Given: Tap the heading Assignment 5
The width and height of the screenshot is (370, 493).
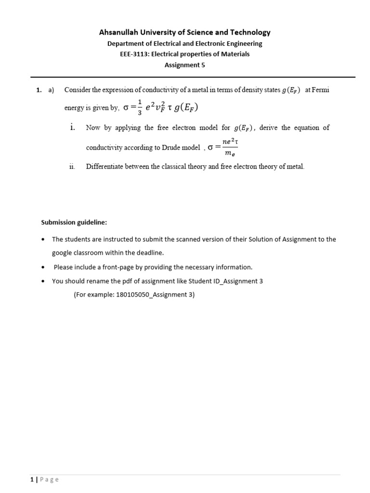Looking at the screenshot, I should (185, 65).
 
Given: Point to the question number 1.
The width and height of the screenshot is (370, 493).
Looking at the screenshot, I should (38, 90).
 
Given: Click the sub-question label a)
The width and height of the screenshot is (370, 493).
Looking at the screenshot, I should (51, 90).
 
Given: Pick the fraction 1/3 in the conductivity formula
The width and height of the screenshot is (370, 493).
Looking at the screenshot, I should (140, 108).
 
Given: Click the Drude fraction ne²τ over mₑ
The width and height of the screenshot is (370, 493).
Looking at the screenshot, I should (230, 147).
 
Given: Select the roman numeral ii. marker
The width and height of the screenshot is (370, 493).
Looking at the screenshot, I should (72, 167).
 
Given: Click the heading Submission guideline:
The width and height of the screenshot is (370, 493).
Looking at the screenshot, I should (74, 222).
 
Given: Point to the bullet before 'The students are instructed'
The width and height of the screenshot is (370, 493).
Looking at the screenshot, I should (43, 239).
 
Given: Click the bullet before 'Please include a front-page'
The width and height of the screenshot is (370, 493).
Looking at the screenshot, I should (43, 267).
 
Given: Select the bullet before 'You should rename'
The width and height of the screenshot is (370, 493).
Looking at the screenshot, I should (43, 281).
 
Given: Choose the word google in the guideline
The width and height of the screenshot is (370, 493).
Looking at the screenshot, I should (62, 253).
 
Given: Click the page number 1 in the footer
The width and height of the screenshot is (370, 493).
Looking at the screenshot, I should (31, 480).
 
